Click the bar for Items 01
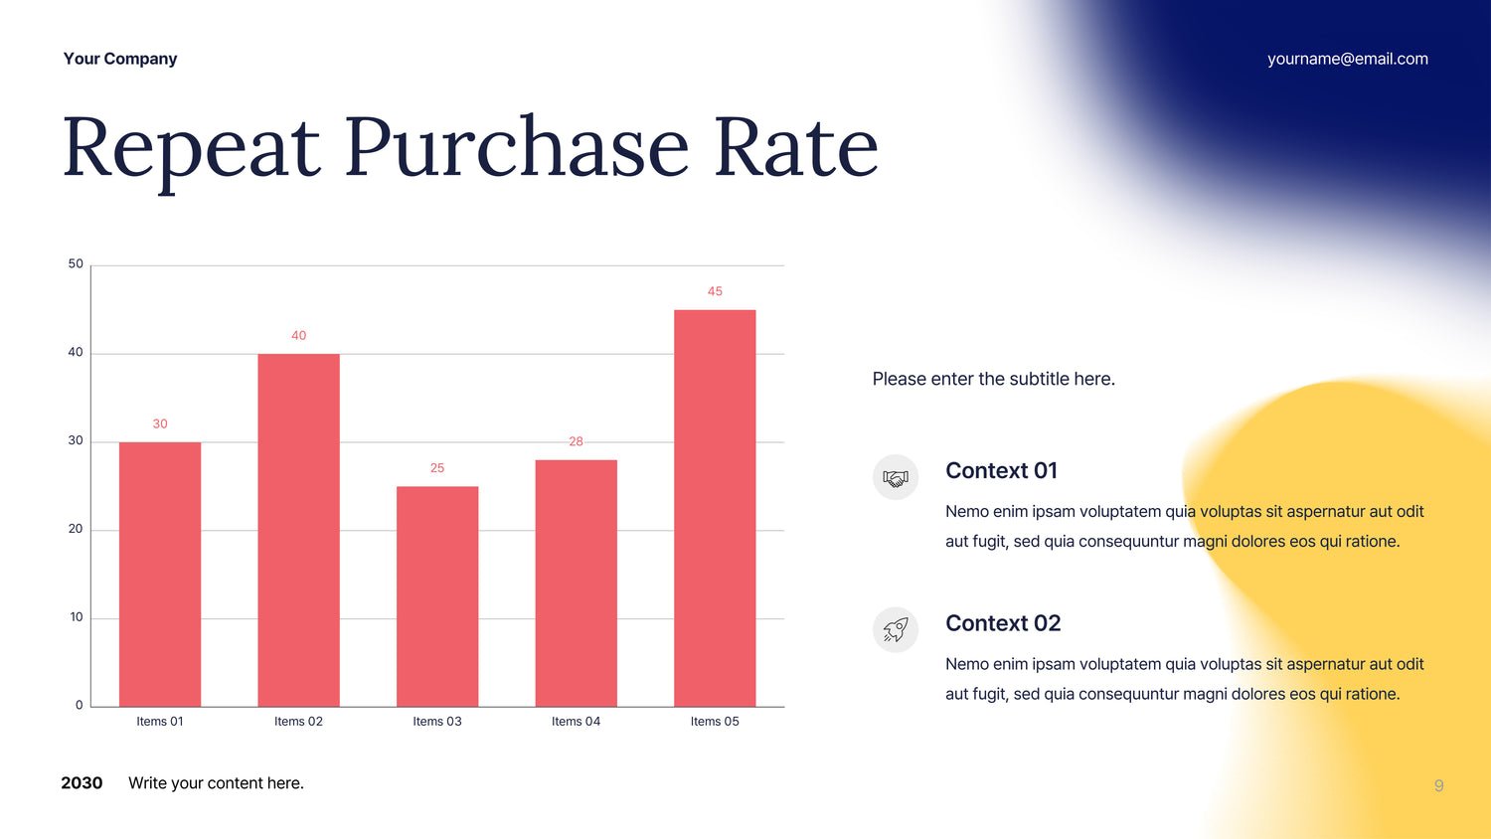click(x=160, y=574)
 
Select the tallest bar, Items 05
click(x=715, y=508)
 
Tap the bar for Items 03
click(x=437, y=596)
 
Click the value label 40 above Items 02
click(x=299, y=336)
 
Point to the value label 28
click(x=576, y=441)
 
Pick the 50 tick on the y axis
click(x=76, y=263)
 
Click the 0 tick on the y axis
click(x=80, y=705)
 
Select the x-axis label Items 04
click(x=576, y=721)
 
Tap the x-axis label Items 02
click(x=299, y=721)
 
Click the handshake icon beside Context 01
click(x=896, y=477)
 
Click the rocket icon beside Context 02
click(x=896, y=630)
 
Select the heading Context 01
click(x=1001, y=471)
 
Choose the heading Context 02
click(x=1003, y=623)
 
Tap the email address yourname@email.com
click(x=1348, y=59)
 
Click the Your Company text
click(x=120, y=59)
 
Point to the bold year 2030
click(x=82, y=783)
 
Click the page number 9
click(x=1439, y=785)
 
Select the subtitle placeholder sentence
click(x=994, y=379)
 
